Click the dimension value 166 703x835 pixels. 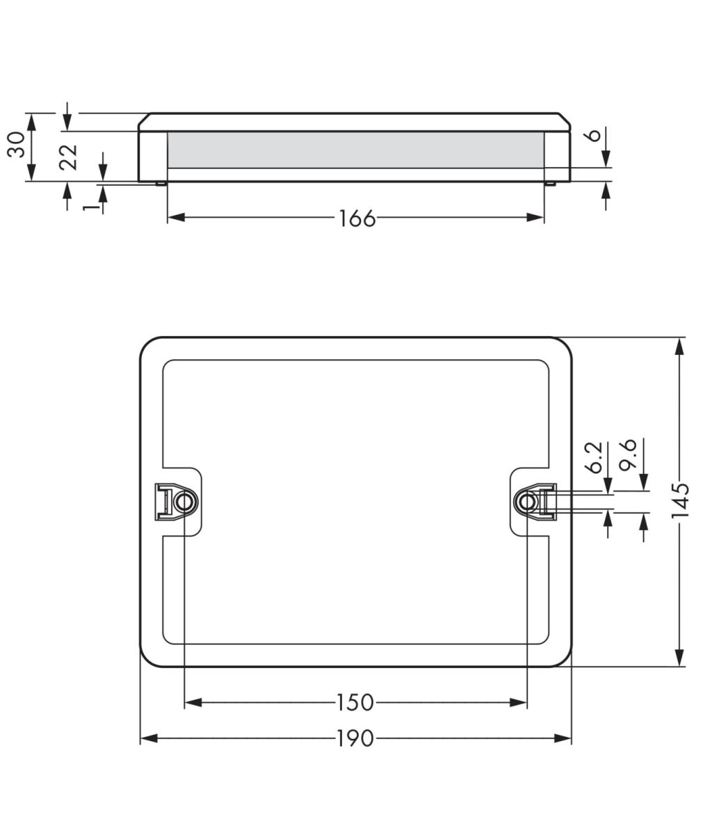point(357,218)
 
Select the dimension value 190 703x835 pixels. point(355,738)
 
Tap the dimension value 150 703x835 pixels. point(355,703)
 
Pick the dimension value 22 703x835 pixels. point(68,157)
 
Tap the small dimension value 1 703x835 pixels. point(88,207)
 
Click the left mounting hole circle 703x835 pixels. point(184,502)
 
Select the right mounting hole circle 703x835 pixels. point(527,502)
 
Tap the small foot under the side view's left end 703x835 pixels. point(161,184)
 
